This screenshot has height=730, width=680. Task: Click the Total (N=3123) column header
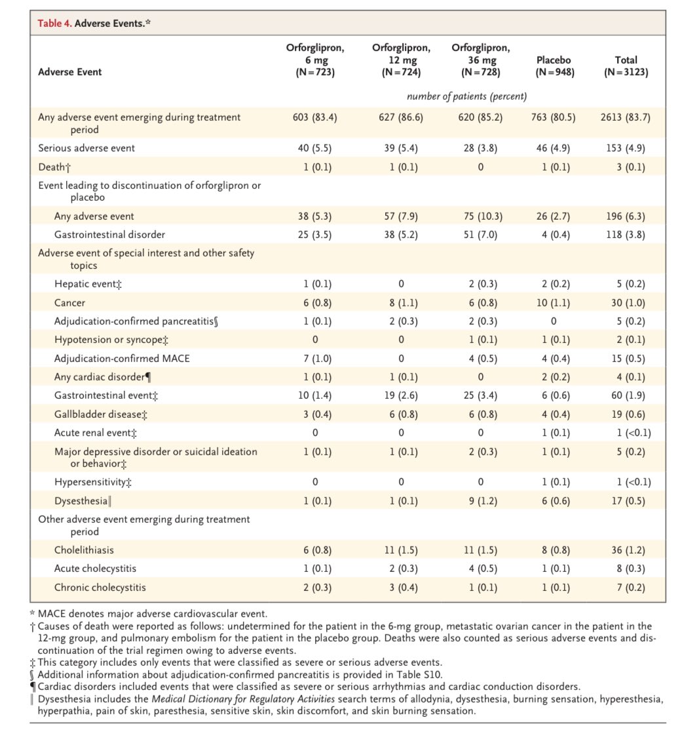click(626, 66)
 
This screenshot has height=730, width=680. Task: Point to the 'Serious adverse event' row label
click(86, 148)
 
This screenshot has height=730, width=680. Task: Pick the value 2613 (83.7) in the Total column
click(626, 117)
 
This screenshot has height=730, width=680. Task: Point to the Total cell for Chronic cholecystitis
click(626, 587)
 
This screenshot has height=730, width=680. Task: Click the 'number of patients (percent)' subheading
click(467, 97)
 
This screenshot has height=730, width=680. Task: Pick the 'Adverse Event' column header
click(69, 72)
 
